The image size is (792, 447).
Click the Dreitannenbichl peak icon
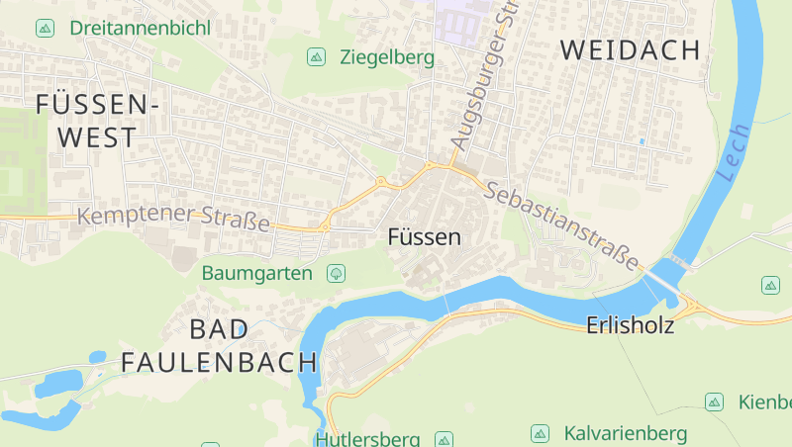pyautogui.click(x=45, y=28)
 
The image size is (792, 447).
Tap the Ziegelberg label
pyautogui.click(x=386, y=57)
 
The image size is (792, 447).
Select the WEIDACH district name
pyautogui.click(x=631, y=50)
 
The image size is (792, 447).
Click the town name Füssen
pyautogui.click(x=425, y=237)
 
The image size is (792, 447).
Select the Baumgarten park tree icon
pyautogui.click(x=337, y=272)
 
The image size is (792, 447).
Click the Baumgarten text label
pyautogui.click(x=257, y=272)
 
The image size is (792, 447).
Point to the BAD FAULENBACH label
pyautogui.click(x=219, y=346)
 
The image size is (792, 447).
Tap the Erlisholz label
pyautogui.click(x=631, y=324)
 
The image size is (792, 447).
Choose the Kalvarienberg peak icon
pyautogui.click(x=540, y=433)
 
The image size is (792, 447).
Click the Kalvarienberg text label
pyautogui.click(x=626, y=433)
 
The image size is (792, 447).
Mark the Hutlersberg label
pyautogui.click(x=367, y=438)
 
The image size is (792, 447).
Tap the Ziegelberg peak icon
pyautogui.click(x=316, y=57)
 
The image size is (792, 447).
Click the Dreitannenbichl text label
pyautogui.click(x=140, y=28)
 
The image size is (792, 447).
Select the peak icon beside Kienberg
pyautogui.click(x=714, y=402)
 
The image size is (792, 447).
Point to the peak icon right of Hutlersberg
pyautogui.click(x=445, y=438)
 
